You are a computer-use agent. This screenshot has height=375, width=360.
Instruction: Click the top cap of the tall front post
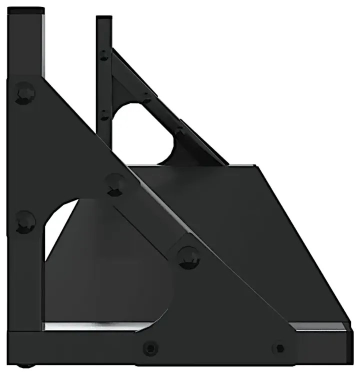[x=25, y=9]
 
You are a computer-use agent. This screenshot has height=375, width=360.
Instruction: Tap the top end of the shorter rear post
[x=103, y=19]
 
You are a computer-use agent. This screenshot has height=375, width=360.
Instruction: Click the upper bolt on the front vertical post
[x=24, y=93]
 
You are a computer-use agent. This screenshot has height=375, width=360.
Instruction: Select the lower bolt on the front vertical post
[x=24, y=221]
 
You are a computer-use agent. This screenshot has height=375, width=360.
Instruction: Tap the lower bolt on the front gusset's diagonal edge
[x=188, y=256]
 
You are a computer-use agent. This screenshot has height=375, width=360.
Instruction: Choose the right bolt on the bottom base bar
[x=280, y=347]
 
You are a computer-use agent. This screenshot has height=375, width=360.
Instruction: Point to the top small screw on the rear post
[x=103, y=54]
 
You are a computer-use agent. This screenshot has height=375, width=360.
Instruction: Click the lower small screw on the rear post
[x=103, y=115]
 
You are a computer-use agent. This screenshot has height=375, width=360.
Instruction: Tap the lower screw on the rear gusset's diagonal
[x=178, y=132]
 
